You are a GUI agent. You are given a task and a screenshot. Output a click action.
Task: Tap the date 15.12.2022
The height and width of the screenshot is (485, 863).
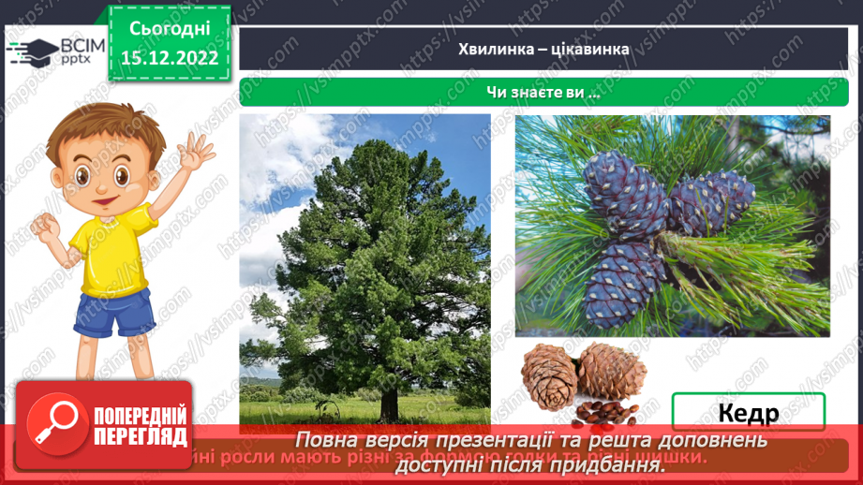169,57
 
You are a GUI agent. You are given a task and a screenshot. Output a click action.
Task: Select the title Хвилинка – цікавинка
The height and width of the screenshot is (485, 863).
543,49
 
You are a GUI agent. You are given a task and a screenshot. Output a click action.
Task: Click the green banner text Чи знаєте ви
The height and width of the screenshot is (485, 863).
543,93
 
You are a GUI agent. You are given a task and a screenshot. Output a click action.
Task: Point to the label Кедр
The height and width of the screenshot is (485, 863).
748,412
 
